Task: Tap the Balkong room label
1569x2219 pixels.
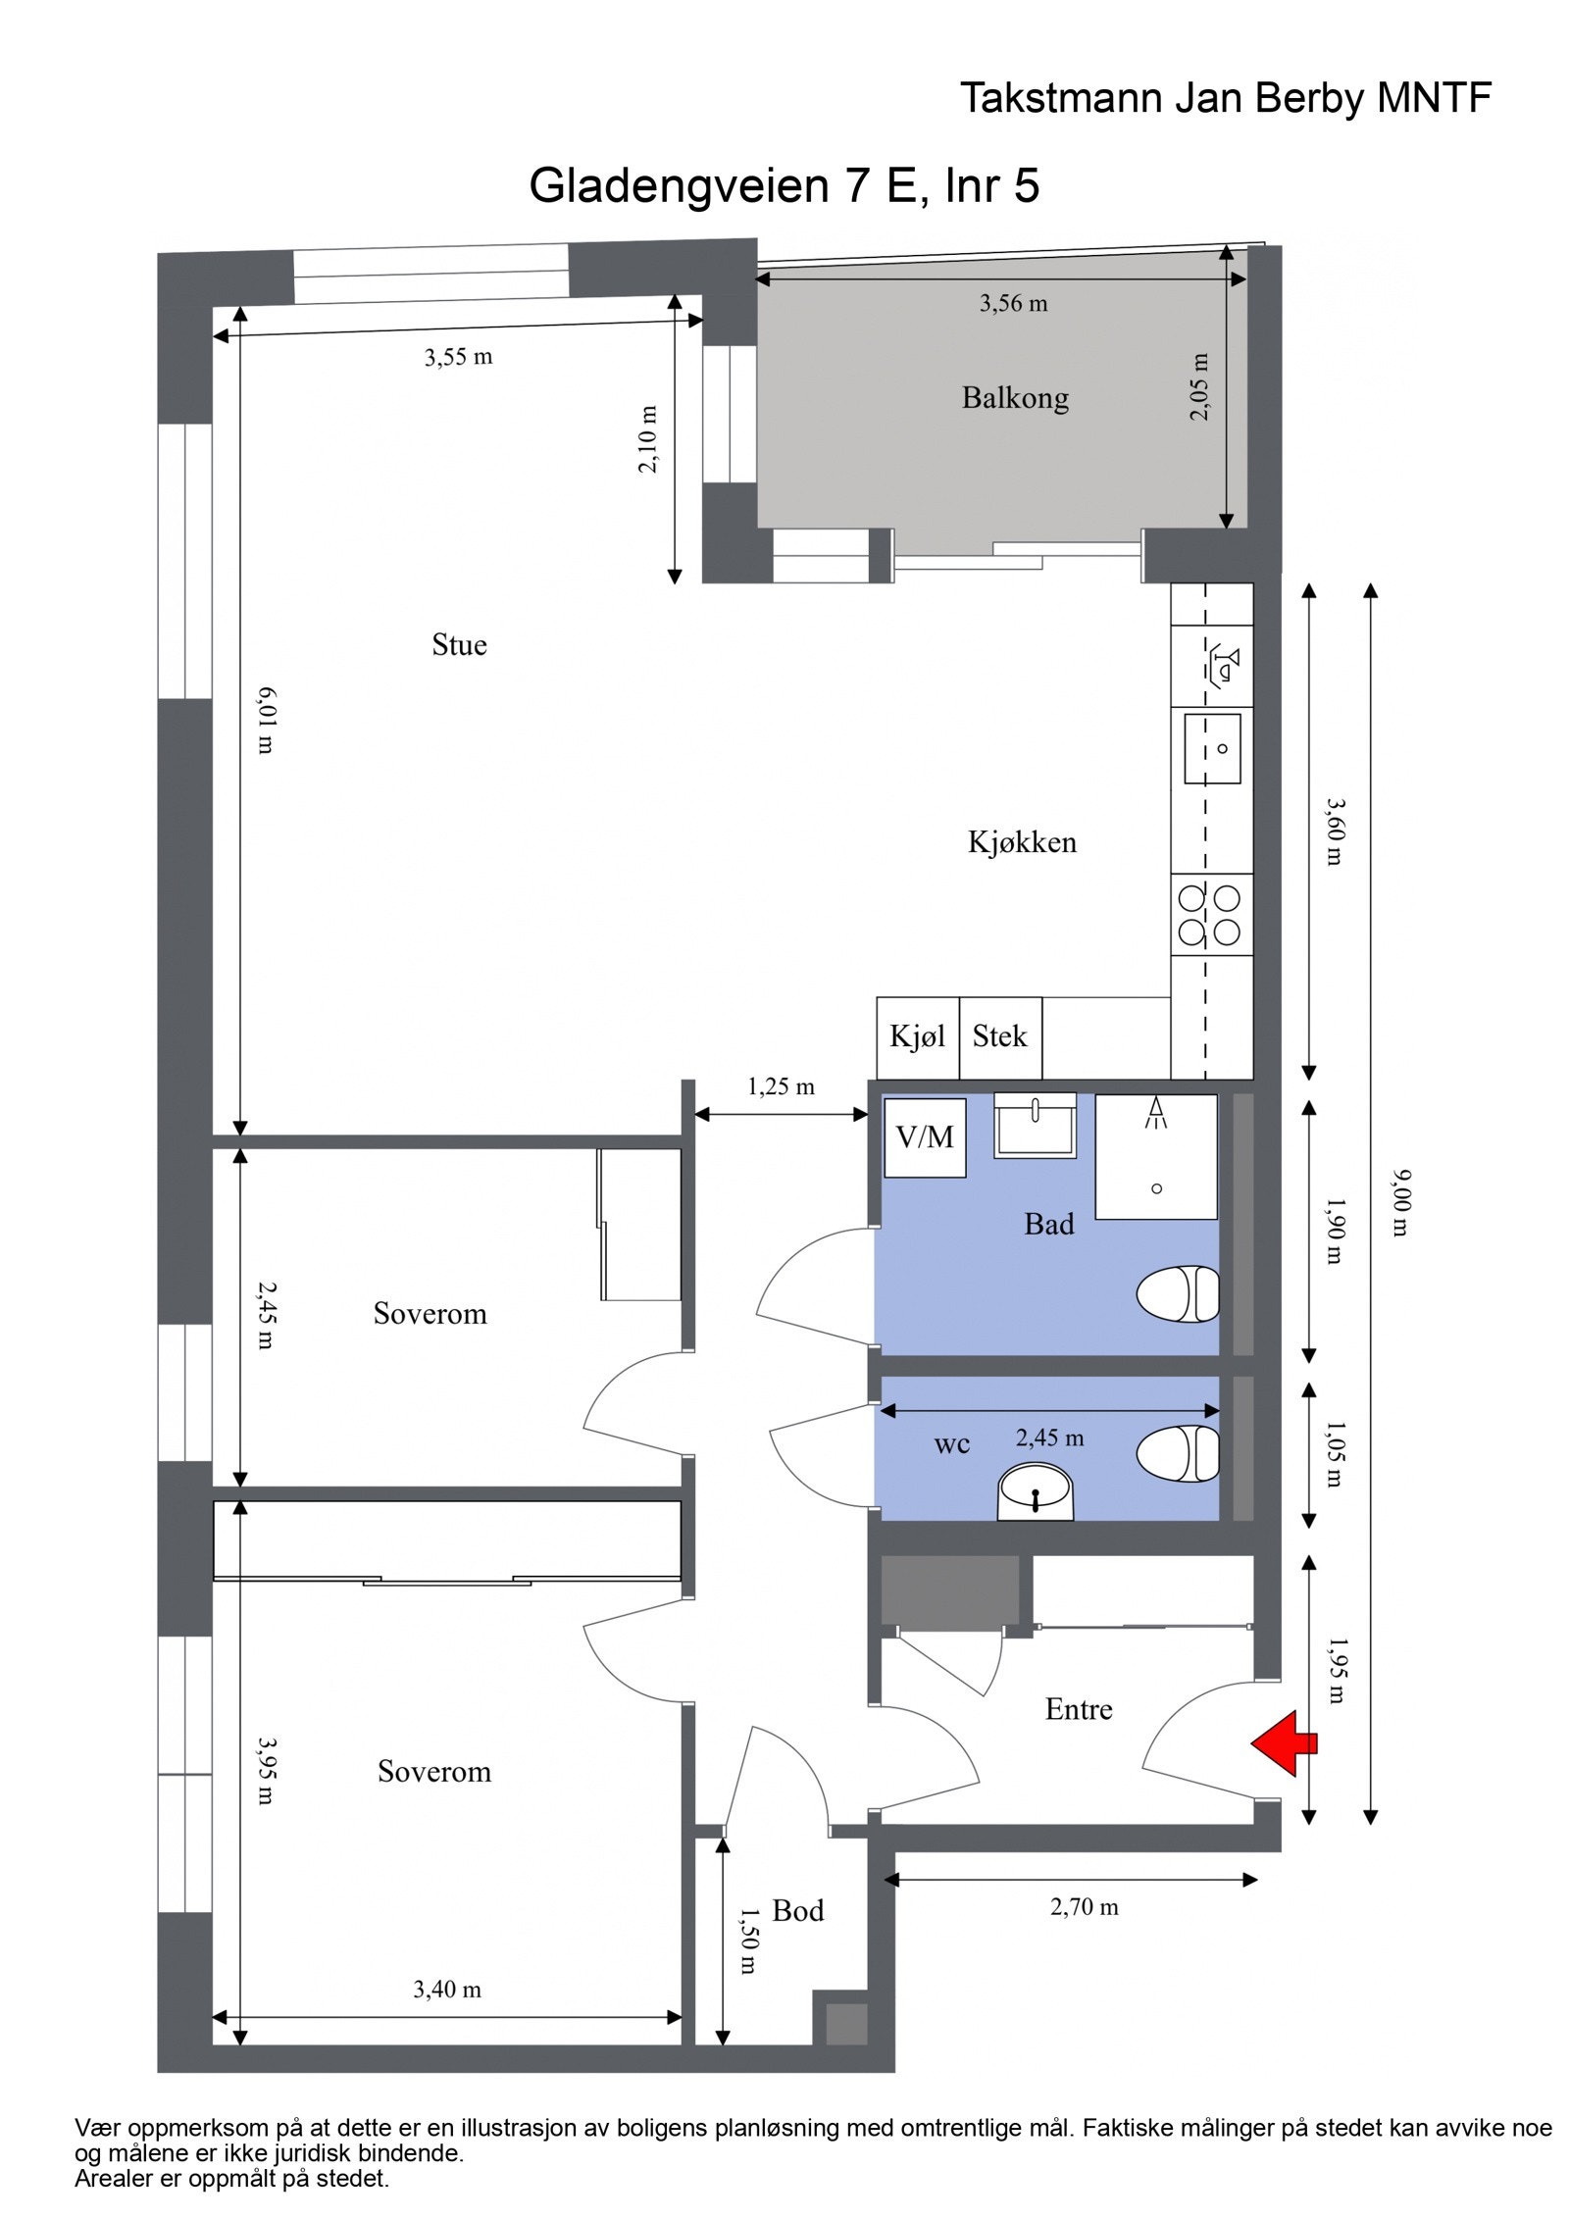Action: [1014, 398]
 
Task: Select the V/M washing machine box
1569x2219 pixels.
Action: [924, 1136]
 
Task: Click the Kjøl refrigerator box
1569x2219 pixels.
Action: [916, 1036]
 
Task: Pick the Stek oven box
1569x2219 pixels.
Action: [998, 1036]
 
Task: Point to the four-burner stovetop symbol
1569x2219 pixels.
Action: [1209, 914]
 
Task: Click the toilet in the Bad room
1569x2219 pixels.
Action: [1178, 1293]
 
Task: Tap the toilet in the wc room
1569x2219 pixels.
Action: [1178, 1453]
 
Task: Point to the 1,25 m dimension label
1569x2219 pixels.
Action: [781, 1086]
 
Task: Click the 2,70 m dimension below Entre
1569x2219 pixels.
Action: [1083, 1907]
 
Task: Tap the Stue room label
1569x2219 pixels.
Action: [459, 645]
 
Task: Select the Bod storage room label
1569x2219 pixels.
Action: [797, 1910]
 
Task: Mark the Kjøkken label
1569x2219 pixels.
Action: [1021, 842]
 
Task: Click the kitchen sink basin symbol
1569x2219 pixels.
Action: [1212, 749]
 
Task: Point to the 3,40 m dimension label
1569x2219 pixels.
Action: [446, 1990]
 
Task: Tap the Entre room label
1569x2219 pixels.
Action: [1078, 1709]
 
